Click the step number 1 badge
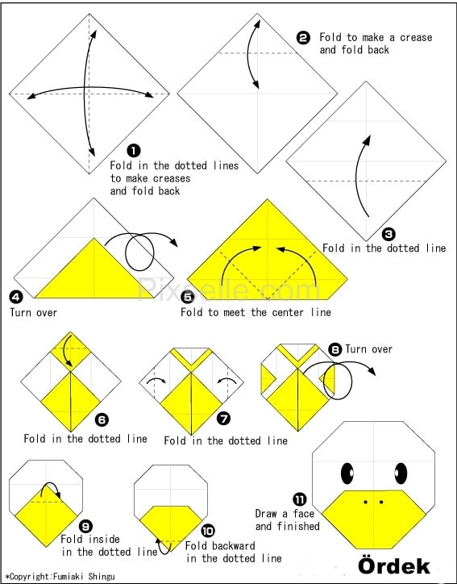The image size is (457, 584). coord(134,151)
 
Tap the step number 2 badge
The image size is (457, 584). coord(303,38)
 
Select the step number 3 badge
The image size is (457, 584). coord(388,234)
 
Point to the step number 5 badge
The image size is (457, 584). coord(188,297)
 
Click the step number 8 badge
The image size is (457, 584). coord(335,350)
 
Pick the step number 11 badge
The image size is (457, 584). coord(299,499)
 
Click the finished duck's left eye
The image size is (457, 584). coord(347,473)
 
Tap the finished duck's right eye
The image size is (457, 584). coord(401,473)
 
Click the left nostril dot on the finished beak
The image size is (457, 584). coord(366,502)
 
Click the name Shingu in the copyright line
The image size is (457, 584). coord(102,577)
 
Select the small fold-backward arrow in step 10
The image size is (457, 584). coord(160,548)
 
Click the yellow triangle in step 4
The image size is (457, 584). coord(94,272)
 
